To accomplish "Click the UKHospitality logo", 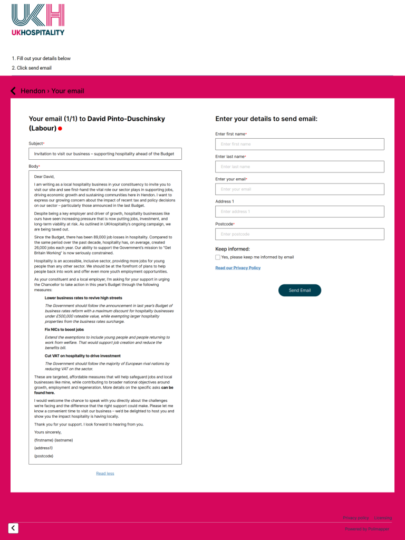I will tap(38, 20).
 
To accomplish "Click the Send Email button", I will tap(300, 291).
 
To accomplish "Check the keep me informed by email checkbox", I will tap(218, 257).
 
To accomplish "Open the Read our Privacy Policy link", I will tap(238, 268).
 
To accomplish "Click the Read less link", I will tap(105, 474).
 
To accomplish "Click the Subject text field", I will tap(105, 154).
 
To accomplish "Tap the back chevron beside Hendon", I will tap(13, 91).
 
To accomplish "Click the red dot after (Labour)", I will tap(60, 129).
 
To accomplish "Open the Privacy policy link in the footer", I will tap(356, 518).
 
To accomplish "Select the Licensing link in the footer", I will tap(383, 518).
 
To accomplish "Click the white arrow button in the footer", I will tap(13, 528).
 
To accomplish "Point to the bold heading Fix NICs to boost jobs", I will tap(64, 330).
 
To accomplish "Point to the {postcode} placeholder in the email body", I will tap(44, 456).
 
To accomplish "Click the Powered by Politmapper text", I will tap(367, 529).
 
